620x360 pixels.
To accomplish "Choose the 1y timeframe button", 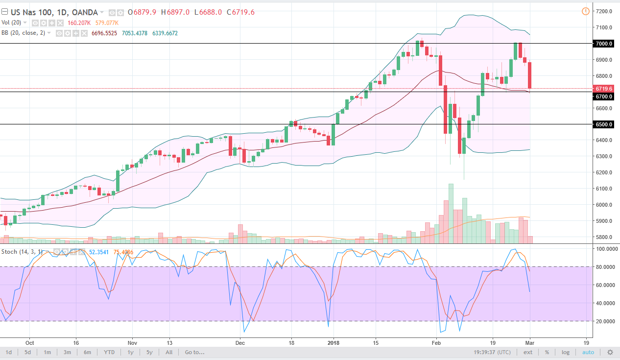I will coord(130,352).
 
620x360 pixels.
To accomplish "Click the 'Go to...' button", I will coord(195,352).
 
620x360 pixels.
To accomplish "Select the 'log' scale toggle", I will coord(565,352).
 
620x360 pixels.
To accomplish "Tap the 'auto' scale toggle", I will coord(588,352).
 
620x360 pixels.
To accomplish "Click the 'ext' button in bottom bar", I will coord(528,352).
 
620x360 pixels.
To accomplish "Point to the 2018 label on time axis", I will coord(334,343).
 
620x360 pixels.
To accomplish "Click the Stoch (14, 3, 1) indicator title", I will coord(22,251).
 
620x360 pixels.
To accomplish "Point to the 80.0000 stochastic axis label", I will coord(604,267).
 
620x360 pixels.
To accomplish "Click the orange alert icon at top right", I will coord(585,11).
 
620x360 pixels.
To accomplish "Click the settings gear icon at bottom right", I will coord(610,352).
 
